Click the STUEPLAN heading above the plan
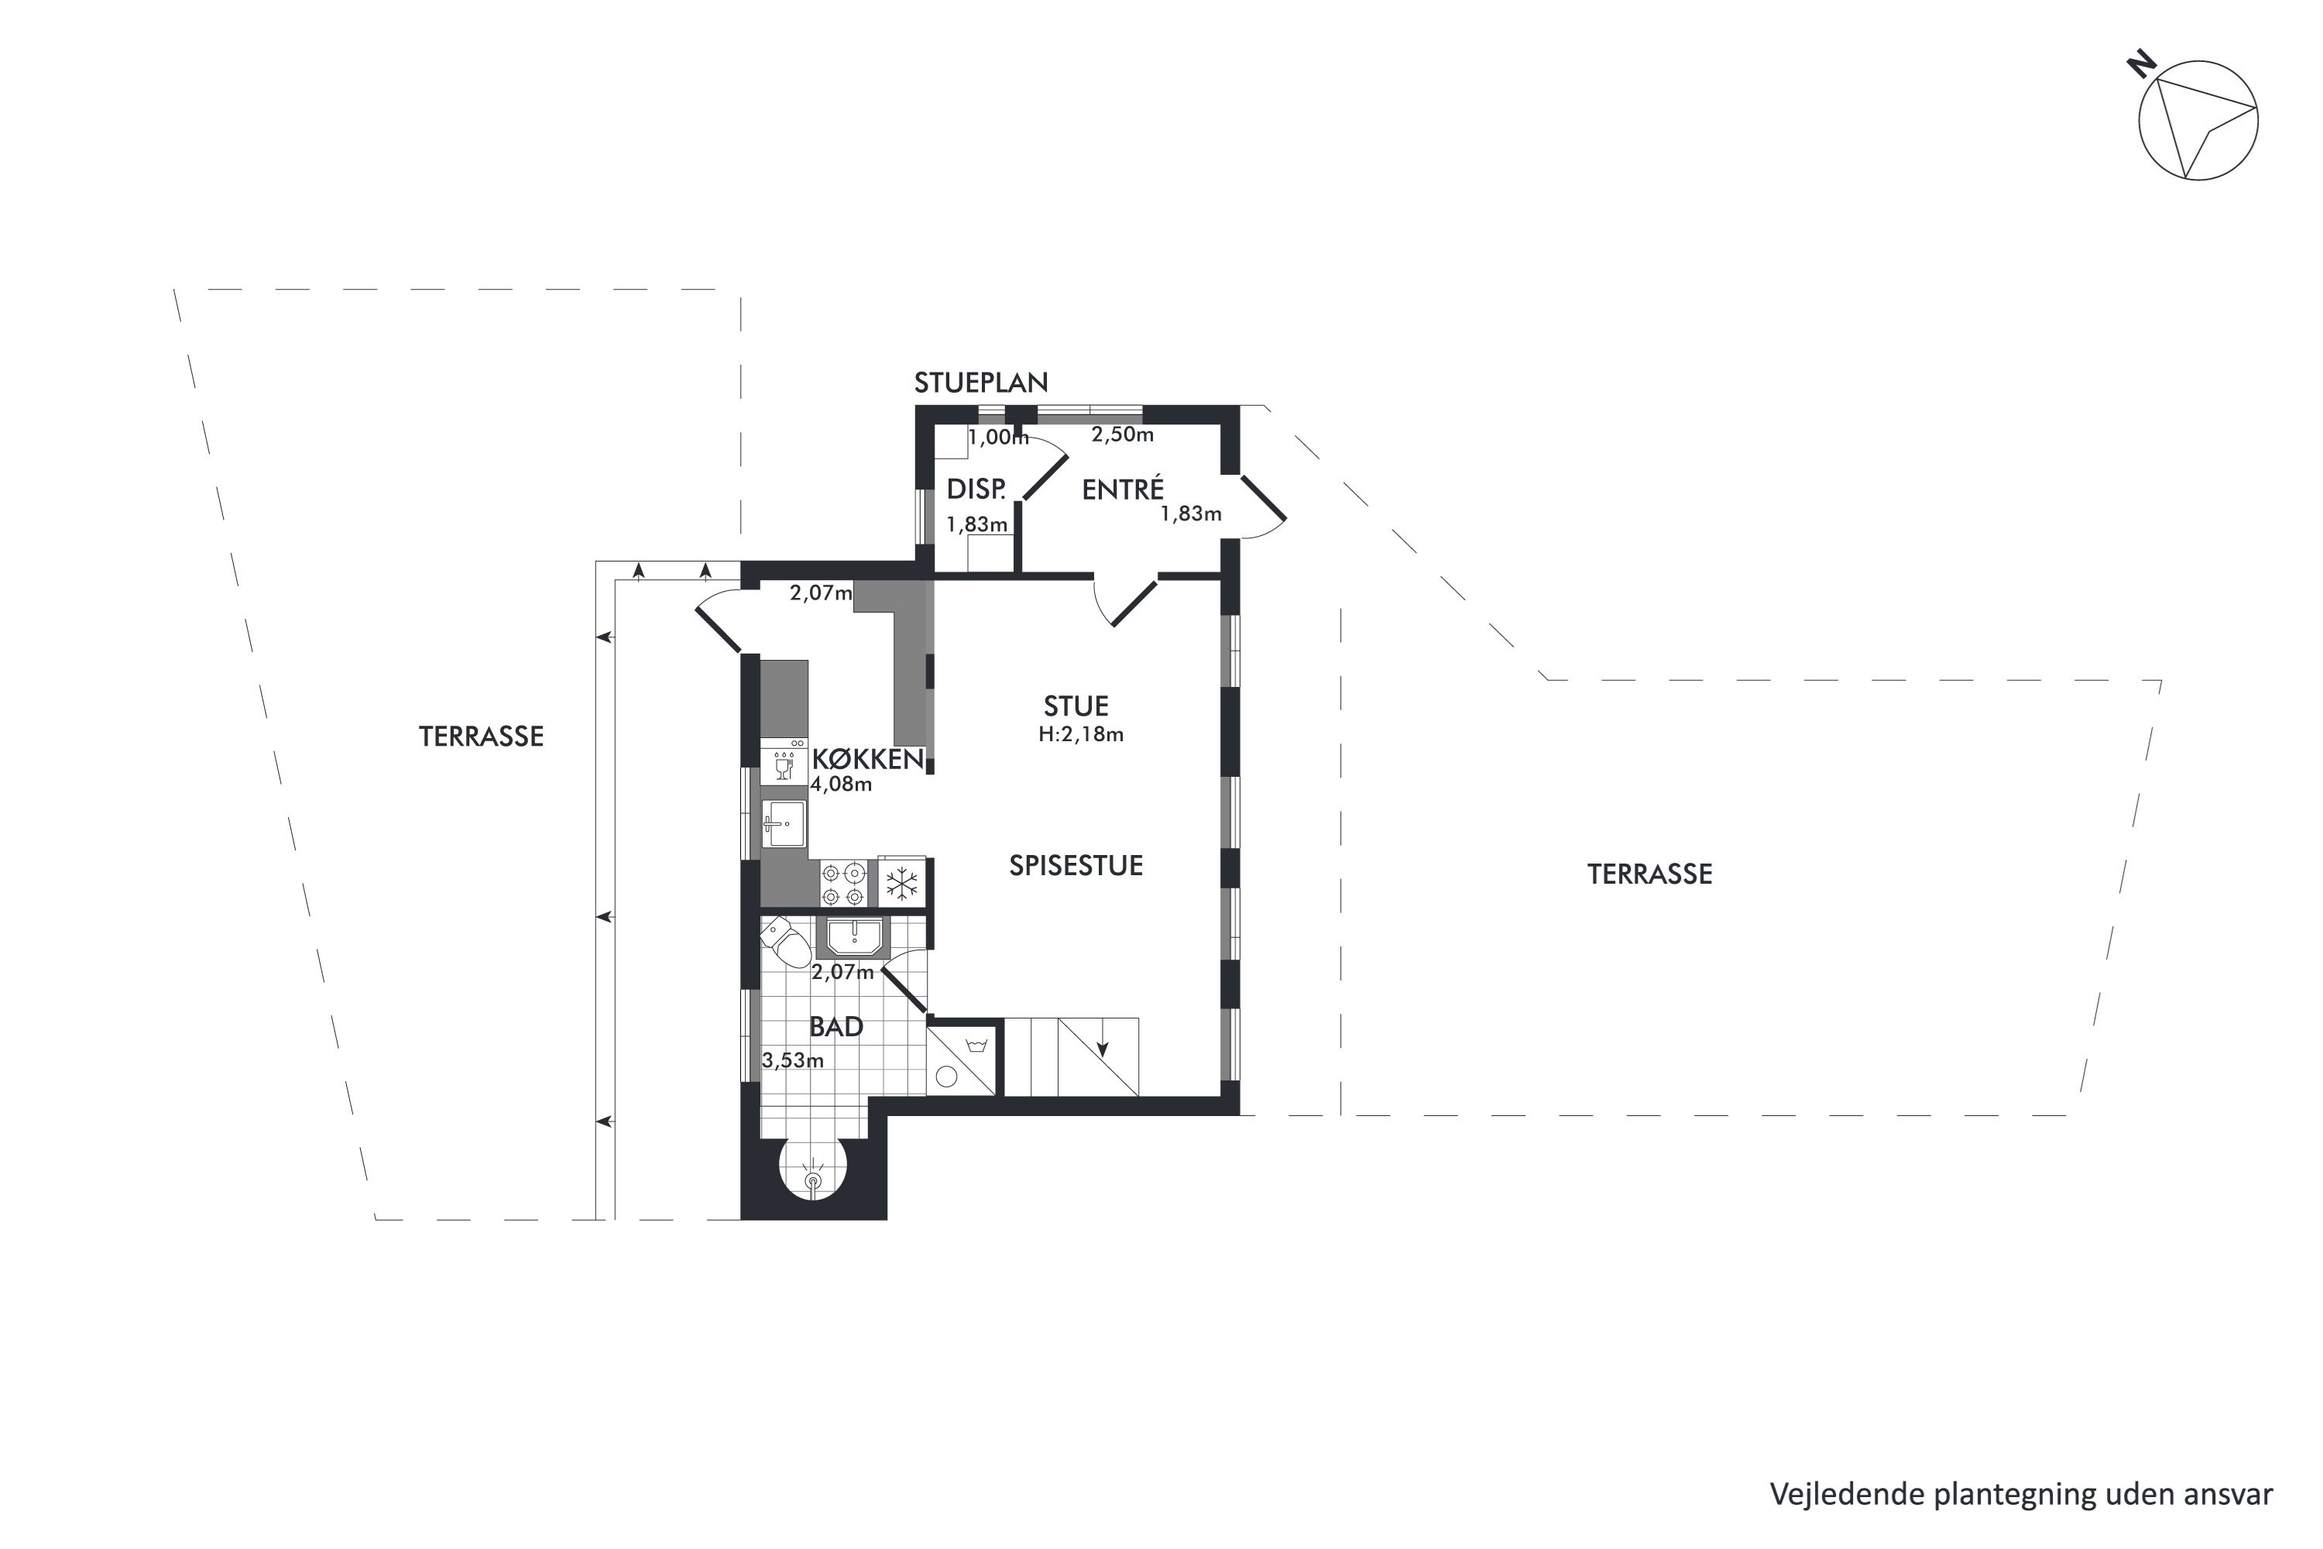(x=981, y=383)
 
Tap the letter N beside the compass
(x=2141, y=94)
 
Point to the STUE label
(x=1076, y=706)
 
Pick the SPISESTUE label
(x=1076, y=865)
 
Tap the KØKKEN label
(x=868, y=760)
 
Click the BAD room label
(x=836, y=1026)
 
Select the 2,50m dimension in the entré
(x=1122, y=434)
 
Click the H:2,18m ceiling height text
(x=1080, y=734)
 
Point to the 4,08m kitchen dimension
(x=842, y=785)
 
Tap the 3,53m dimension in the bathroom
(x=793, y=1061)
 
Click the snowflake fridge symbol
(x=901, y=883)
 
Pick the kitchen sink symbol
(x=784, y=823)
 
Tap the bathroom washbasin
(x=853, y=936)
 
